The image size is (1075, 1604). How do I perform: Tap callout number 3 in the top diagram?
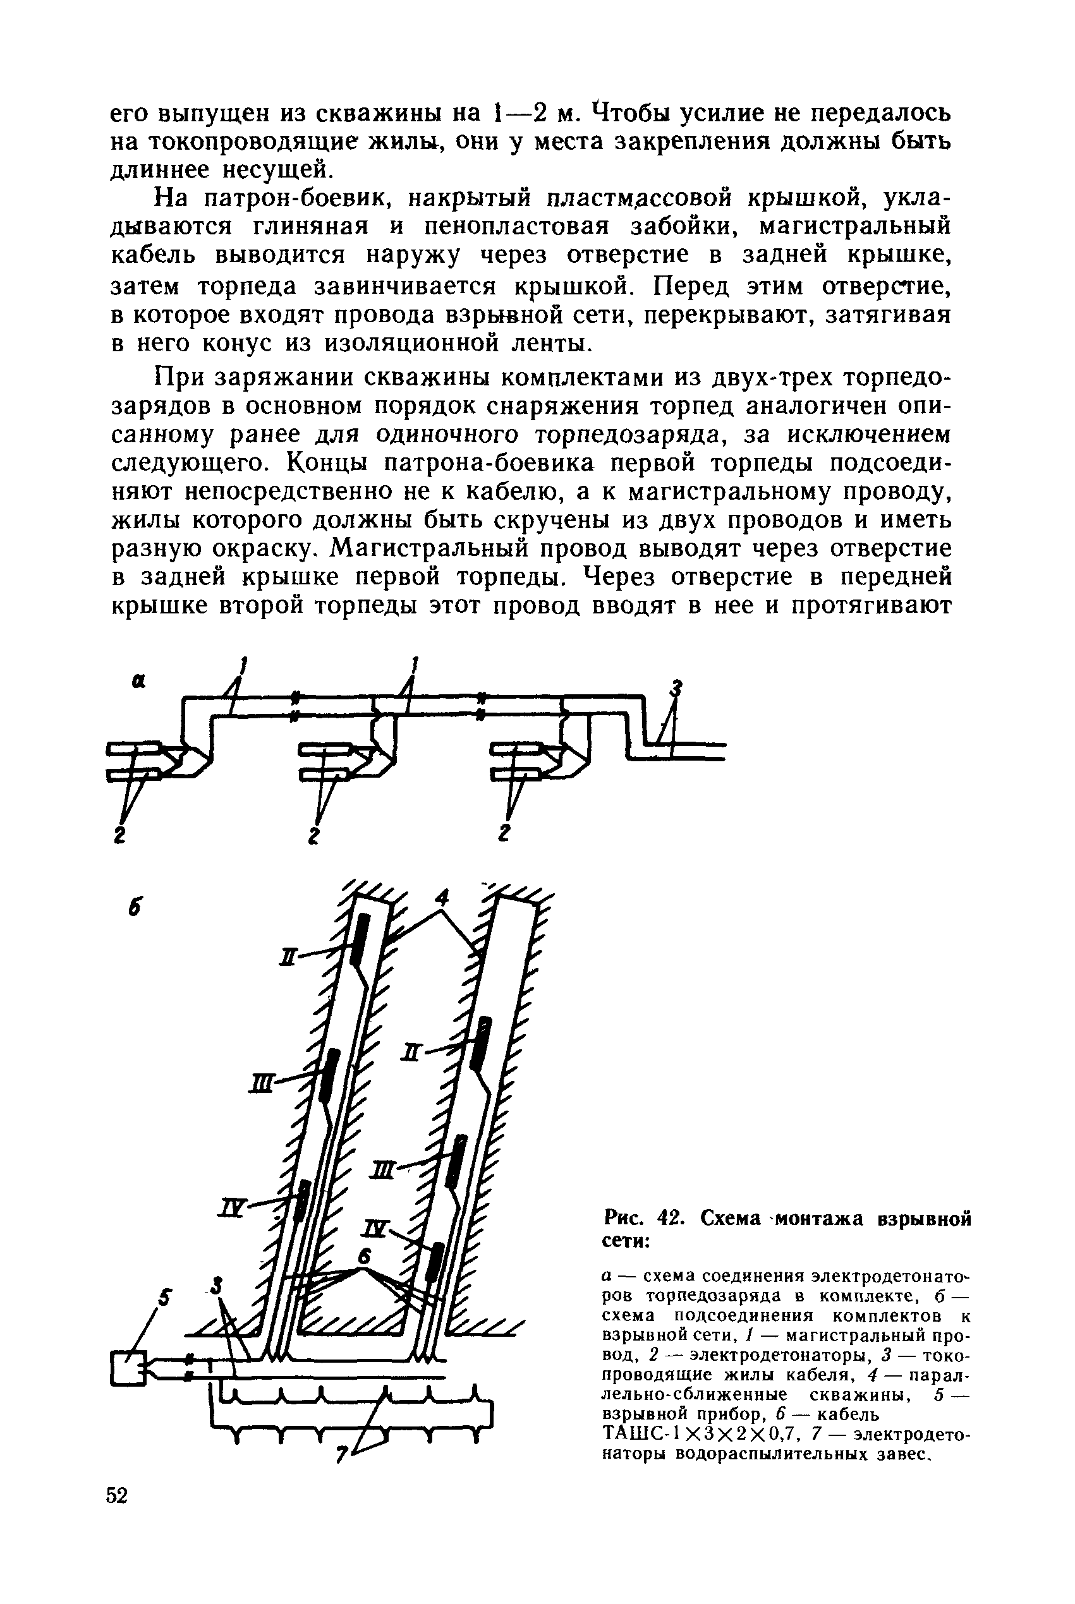pyautogui.click(x=677, y=687)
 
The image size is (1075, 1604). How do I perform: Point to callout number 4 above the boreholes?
pyautogui.click(x=444, y=898)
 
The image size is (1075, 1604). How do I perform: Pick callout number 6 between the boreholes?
pyautogui.click(x=364, y=1255)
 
